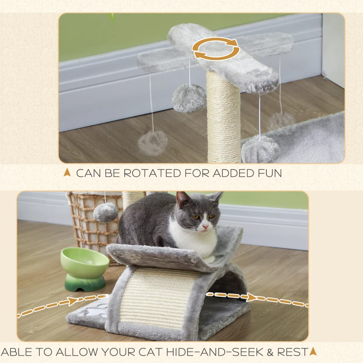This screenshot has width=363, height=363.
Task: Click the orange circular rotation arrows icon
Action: coord(216,49)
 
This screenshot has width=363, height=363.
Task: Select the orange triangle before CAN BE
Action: coord(68,172)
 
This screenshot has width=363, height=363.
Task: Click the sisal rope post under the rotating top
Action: coord(223,118)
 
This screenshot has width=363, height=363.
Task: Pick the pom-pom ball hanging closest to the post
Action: coord(189,98)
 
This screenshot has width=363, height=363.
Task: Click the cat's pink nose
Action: coord(205,225)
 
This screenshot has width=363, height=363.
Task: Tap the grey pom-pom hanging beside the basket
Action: coord(106,212)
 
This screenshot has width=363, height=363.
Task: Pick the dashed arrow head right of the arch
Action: coord(251,297)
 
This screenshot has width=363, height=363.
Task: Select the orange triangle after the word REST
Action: coord(312,351)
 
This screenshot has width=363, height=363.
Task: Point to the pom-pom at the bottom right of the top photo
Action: coord(260,150)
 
